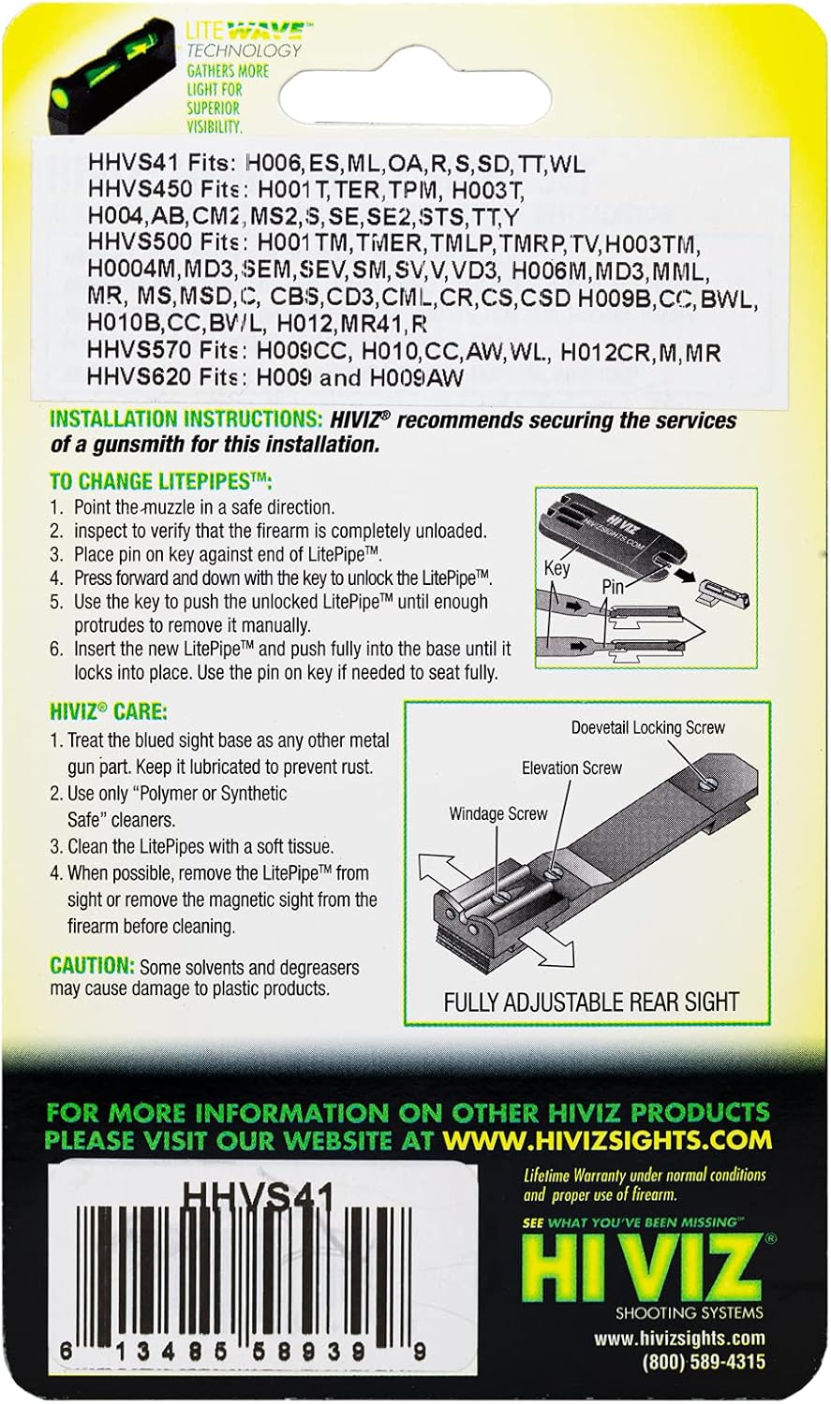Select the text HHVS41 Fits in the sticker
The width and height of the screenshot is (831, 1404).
(160, 164)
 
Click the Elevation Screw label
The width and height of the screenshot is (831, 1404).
(571, 768)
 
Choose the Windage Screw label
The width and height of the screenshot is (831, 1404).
(497, 813)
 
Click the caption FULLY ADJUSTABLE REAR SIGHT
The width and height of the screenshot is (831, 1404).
(590, 1002)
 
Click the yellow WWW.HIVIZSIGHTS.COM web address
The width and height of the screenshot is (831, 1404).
(608, 1140)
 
